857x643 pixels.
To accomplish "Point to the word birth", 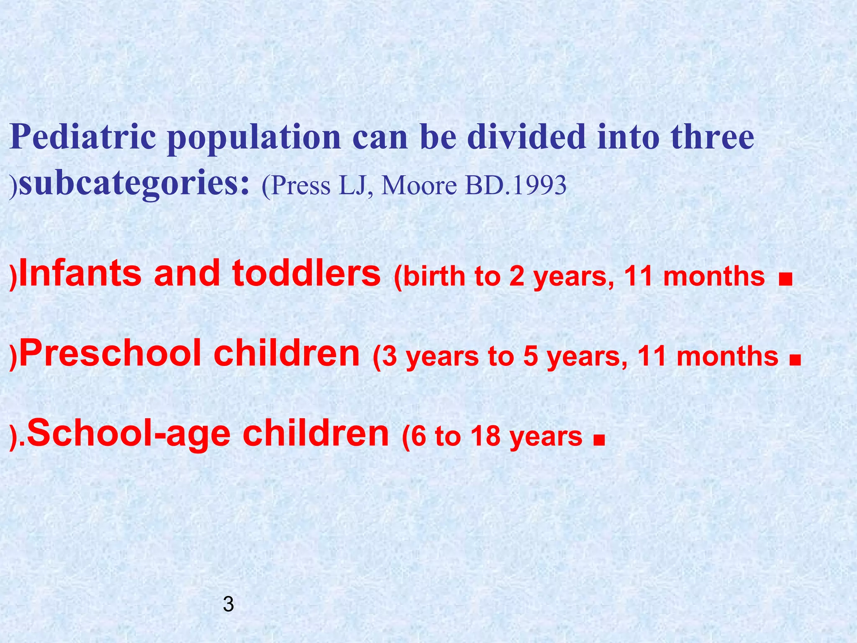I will pos(435,277).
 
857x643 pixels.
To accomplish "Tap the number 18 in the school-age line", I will pos(485,436).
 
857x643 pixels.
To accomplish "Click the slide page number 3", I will pos(228,604).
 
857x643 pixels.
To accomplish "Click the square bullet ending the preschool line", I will pos(796,359).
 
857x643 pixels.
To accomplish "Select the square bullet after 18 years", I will pos(599,440).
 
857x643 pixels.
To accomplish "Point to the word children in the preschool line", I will pos(287,352).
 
